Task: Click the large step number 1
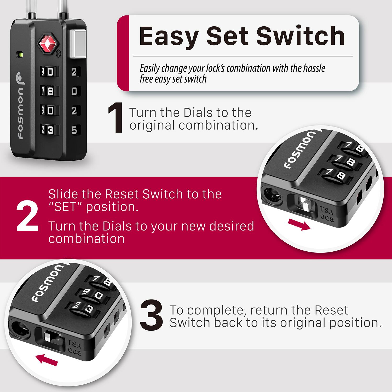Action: pos(116,118)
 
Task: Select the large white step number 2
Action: pos(27,217)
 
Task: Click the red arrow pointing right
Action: pos(299,225)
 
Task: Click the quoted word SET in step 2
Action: pos(66,207)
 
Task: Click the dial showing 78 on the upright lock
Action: pos(48,91)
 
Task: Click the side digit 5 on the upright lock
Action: pos(74,130)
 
